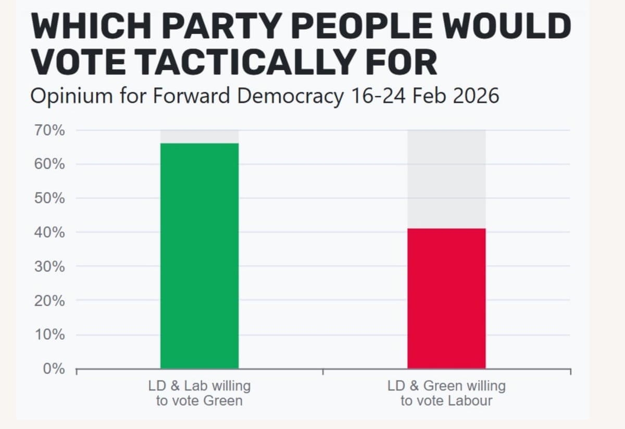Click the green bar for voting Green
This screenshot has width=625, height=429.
coord(199,255)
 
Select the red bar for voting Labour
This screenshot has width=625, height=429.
coord(446,298)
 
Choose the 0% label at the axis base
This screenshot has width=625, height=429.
coord(55,369)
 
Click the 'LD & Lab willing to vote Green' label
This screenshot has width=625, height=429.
coord(199,393)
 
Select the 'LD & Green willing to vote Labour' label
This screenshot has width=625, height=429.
coord(446,393)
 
